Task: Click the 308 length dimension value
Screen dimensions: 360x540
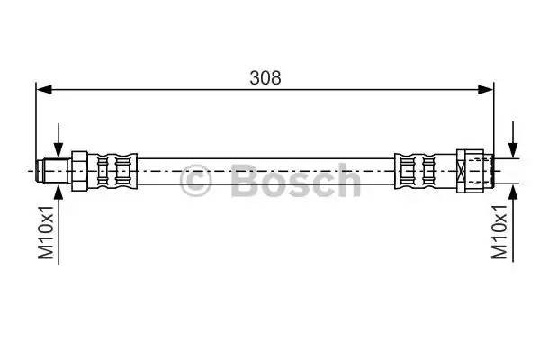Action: point(265,77)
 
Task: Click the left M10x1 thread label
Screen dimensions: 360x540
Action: point(47,231)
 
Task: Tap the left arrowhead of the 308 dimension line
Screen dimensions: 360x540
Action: point(42,89)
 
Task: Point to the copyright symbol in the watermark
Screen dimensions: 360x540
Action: point(196,182)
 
